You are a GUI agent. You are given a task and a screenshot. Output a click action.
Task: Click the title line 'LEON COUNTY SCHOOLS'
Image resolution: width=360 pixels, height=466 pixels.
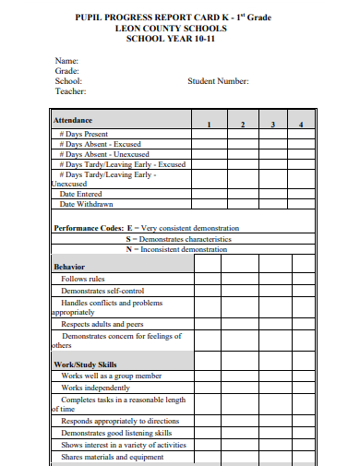point(182,29)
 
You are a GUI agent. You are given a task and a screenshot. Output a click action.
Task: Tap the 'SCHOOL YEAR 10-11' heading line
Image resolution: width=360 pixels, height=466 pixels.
point(182,40)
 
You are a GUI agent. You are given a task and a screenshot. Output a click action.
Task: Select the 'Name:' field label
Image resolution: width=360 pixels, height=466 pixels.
point(66,60)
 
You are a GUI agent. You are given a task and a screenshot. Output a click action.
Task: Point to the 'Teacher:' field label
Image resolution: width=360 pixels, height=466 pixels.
point(70,91)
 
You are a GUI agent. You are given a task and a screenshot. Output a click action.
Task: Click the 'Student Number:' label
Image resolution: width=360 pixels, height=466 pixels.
point(218,81)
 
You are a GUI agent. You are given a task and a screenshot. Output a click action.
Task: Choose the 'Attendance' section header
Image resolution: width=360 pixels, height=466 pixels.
point(73,121)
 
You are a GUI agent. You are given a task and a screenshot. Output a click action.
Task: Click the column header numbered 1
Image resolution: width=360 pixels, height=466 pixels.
point(209,124)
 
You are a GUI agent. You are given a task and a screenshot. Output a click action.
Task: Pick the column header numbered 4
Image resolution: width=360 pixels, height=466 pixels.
point(301,124)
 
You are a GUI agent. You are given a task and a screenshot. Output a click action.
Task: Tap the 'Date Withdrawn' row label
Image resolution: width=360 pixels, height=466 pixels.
point(86,204)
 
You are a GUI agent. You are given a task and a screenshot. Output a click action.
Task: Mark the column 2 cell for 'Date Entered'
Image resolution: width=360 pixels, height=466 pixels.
point(242,194)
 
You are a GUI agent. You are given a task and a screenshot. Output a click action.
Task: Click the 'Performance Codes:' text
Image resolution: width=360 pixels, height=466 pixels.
point(90,228)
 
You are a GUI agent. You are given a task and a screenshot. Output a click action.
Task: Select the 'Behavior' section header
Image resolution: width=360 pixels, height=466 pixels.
point(69,267)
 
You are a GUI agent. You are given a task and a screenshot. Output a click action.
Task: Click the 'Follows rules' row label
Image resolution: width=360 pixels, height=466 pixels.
point(83,279)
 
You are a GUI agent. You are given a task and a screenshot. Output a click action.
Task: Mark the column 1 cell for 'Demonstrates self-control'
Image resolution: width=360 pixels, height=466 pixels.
point(209,290)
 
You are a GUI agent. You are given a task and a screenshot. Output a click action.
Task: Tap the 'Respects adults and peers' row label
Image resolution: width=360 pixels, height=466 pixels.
point(102,324)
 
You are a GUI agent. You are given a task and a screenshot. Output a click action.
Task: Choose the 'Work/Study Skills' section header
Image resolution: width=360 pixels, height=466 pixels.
point(85,364)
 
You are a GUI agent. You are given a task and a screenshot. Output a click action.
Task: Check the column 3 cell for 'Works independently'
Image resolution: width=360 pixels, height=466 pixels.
point(272,388)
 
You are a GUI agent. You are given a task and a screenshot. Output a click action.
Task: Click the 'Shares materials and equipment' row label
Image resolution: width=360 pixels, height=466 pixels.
point(112,457)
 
